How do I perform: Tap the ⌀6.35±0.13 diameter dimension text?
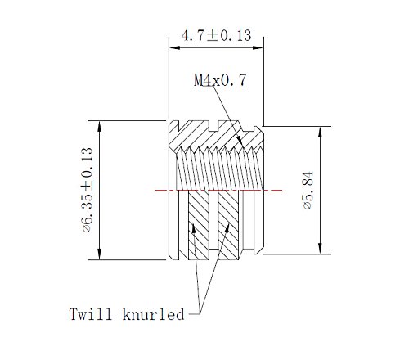tap(87, 190)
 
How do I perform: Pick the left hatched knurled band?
tap(200, 225)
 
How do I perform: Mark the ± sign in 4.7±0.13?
tap(213, 35)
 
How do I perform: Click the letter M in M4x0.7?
tap(198, 80)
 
